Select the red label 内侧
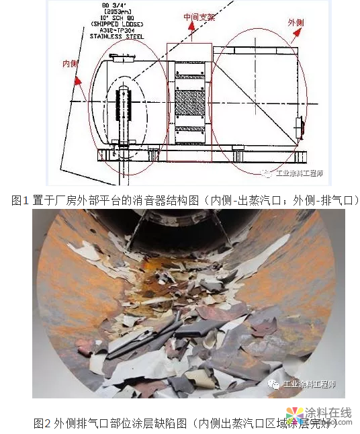71,64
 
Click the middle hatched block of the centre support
189,104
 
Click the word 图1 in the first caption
21,200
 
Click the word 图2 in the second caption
42,423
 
